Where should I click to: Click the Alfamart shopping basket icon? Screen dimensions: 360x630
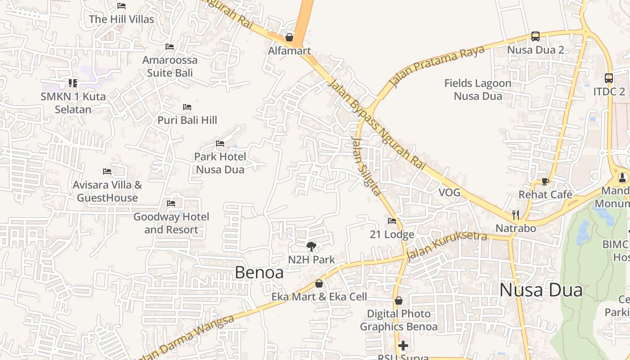[x=289, y=37]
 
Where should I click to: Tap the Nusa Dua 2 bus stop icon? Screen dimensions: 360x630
[x=535, y=36]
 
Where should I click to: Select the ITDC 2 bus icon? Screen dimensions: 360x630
[x=608, y=78]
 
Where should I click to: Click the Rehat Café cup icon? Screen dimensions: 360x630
[x=545, y=181]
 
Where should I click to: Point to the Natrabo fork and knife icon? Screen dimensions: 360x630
[x=516, y=215]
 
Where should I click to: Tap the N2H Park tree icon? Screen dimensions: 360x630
[x=311, y=246]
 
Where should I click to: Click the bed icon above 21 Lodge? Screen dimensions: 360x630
[x=392, y=221]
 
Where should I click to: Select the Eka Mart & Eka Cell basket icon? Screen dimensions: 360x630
[x=319, y=283]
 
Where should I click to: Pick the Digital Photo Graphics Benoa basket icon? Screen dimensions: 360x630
[x=398, y=301]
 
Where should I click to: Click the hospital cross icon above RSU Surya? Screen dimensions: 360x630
[x=403, y=346]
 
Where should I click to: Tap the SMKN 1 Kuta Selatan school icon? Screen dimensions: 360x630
[x=73, y=83]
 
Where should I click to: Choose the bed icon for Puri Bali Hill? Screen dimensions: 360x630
[x=187, y=107]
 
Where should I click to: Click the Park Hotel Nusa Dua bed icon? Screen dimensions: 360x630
[x=220, y=144]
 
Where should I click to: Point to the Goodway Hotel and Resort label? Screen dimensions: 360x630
[x=171, y=223]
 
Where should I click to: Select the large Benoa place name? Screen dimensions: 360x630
[x=259, y=272]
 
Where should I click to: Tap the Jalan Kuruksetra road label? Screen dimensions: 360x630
[x=446, y=245]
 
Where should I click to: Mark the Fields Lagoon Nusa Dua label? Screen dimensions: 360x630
[x=478, y=90]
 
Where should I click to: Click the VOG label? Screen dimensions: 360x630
[x=450, y=193]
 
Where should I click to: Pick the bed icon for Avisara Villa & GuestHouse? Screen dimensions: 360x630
[x=107, y=171]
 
